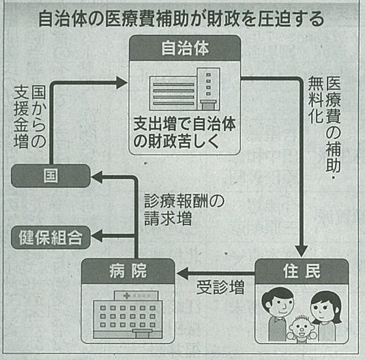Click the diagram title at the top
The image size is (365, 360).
pyautogui.click(x=181, y=19)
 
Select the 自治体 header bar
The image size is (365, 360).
pyautogui.click(x=185, y=48)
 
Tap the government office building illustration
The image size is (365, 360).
pyautogui.click(x=185, y=89)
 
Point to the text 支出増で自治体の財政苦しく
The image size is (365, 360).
pyautogui.click(x=185, y=132)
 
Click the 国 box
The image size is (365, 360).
pyautogui.click(x=50, y=176)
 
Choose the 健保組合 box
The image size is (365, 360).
pyautogui.click(x=50, y=237)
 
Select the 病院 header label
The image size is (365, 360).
pyautogui.click(x=128, y=271)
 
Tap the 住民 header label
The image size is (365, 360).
pyautogui.click(x=302, y=271)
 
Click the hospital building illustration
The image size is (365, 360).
pyautogui.click(x=128, y=314)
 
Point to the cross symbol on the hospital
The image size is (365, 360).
pyautogui.click(x=127, y=296)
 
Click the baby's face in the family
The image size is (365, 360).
pyautogui.click(x=300, y=327)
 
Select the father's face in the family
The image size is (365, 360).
pyautogui.click(x=278, y=303)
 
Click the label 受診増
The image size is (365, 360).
pyautogui.click(x=220, y=288)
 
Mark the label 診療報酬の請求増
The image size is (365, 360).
pyautogui.click(x=184, y=210)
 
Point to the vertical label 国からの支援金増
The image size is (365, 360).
pyautogui.click(x=30, y=117)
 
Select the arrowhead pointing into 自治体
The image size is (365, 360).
pyautogui.click(x=121, y=82)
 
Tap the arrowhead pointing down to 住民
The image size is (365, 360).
pyautogui.click(x=302, y=251)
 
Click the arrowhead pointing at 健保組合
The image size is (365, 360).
pyautogui.click(x=97, y=235)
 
